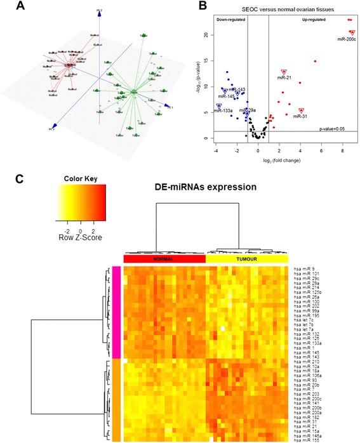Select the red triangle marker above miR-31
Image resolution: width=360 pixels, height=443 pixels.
(301, 110)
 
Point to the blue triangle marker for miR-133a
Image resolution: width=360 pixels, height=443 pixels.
(219, 105)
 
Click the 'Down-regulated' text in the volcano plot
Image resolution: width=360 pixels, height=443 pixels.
(230, 20)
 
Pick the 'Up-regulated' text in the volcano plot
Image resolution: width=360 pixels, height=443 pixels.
(312, 20)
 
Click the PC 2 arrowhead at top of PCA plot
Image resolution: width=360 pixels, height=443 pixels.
(100, 12)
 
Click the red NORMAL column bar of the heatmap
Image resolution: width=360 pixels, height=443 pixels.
(164, 259)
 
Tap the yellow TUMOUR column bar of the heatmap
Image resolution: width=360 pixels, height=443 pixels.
(247, 259)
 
